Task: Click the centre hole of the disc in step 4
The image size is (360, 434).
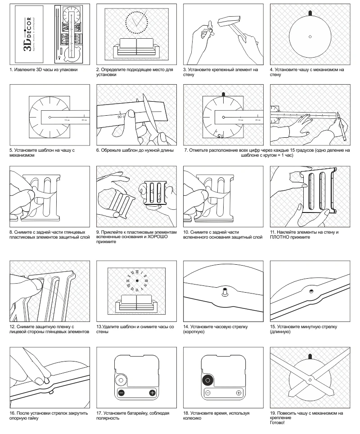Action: pyautogui.click(x=310, y=36)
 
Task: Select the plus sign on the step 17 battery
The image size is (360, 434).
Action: pyautogui.click(x=152, y=393)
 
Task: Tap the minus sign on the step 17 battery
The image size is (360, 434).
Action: pyautogui.click(x=121, y=393)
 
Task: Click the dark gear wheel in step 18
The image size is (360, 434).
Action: pyautogui.click(x=208, y=380)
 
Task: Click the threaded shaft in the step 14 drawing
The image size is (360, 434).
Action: pyautogui.click(x=223, y=292)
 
